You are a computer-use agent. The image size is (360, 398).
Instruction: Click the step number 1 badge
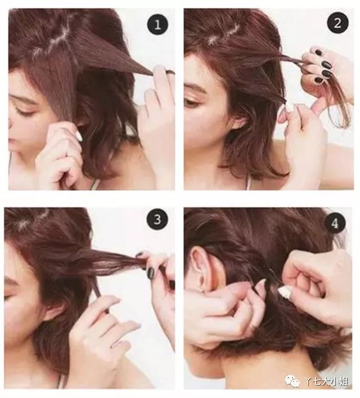tap(157, 25)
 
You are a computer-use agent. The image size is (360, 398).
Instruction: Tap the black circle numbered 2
tap(337, 24)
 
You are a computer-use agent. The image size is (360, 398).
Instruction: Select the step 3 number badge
tap(157, 220)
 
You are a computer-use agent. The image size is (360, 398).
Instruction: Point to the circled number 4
tap(335, 224)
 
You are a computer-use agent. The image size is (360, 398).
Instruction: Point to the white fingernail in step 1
tap(79, 137)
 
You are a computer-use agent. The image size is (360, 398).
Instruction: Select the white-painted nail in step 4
tap(285, 292)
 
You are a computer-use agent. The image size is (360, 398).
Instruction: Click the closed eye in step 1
tap(23, 111)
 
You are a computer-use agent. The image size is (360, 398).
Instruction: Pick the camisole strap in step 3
tap(60, 379)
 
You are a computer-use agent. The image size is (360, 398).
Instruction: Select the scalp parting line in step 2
tap(224, 33)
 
